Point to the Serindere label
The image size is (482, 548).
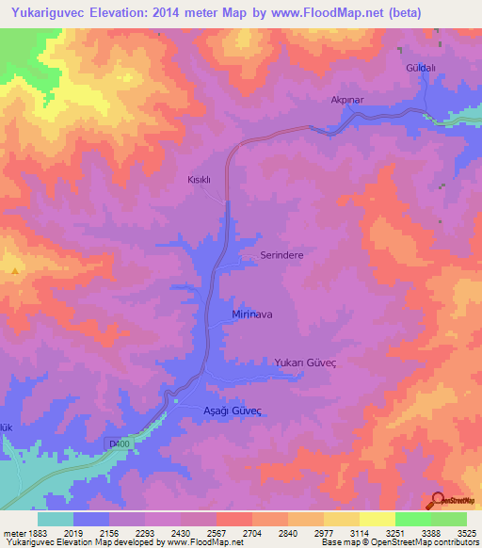(x=280, y=254)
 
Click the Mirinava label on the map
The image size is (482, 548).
(x=252, y=314)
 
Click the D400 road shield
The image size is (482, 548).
(x=117, y=442)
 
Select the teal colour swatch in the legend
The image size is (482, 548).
(x=56, y=519)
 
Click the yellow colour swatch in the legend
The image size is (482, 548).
(x=378, y=519)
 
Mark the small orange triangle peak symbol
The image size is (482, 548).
(x=15, y=271)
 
